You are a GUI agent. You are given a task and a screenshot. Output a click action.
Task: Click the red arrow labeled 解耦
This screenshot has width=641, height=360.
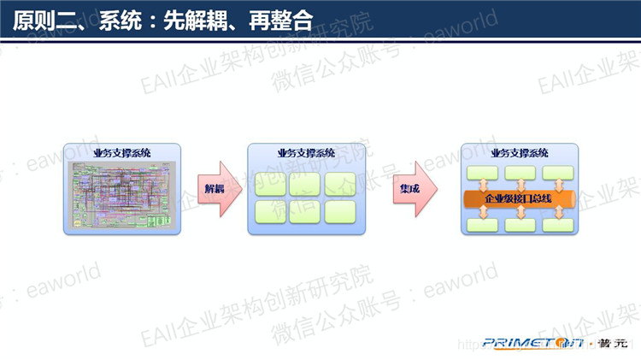213,188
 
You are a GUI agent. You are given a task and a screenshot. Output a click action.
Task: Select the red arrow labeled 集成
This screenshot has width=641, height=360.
413,188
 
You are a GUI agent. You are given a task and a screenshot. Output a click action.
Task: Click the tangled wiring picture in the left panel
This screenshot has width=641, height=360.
122,193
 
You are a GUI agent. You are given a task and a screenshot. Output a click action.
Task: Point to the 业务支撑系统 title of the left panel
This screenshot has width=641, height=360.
122,151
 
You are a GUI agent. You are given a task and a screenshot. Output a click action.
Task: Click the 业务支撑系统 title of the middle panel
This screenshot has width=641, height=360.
306,153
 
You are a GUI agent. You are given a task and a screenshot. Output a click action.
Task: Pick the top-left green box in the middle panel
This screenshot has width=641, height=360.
270,184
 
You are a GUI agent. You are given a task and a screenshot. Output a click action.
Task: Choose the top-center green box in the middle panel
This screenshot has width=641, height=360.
305,184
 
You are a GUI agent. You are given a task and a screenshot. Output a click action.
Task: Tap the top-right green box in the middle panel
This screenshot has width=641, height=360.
340,184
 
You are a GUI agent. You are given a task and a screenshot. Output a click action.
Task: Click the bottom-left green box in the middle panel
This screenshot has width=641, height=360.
270,211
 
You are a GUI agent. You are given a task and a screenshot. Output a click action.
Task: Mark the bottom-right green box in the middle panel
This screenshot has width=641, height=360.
340,211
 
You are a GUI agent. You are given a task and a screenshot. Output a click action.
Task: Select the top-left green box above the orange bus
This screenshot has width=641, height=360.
482,173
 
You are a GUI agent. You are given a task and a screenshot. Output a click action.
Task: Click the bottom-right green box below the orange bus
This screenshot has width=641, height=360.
556,225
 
